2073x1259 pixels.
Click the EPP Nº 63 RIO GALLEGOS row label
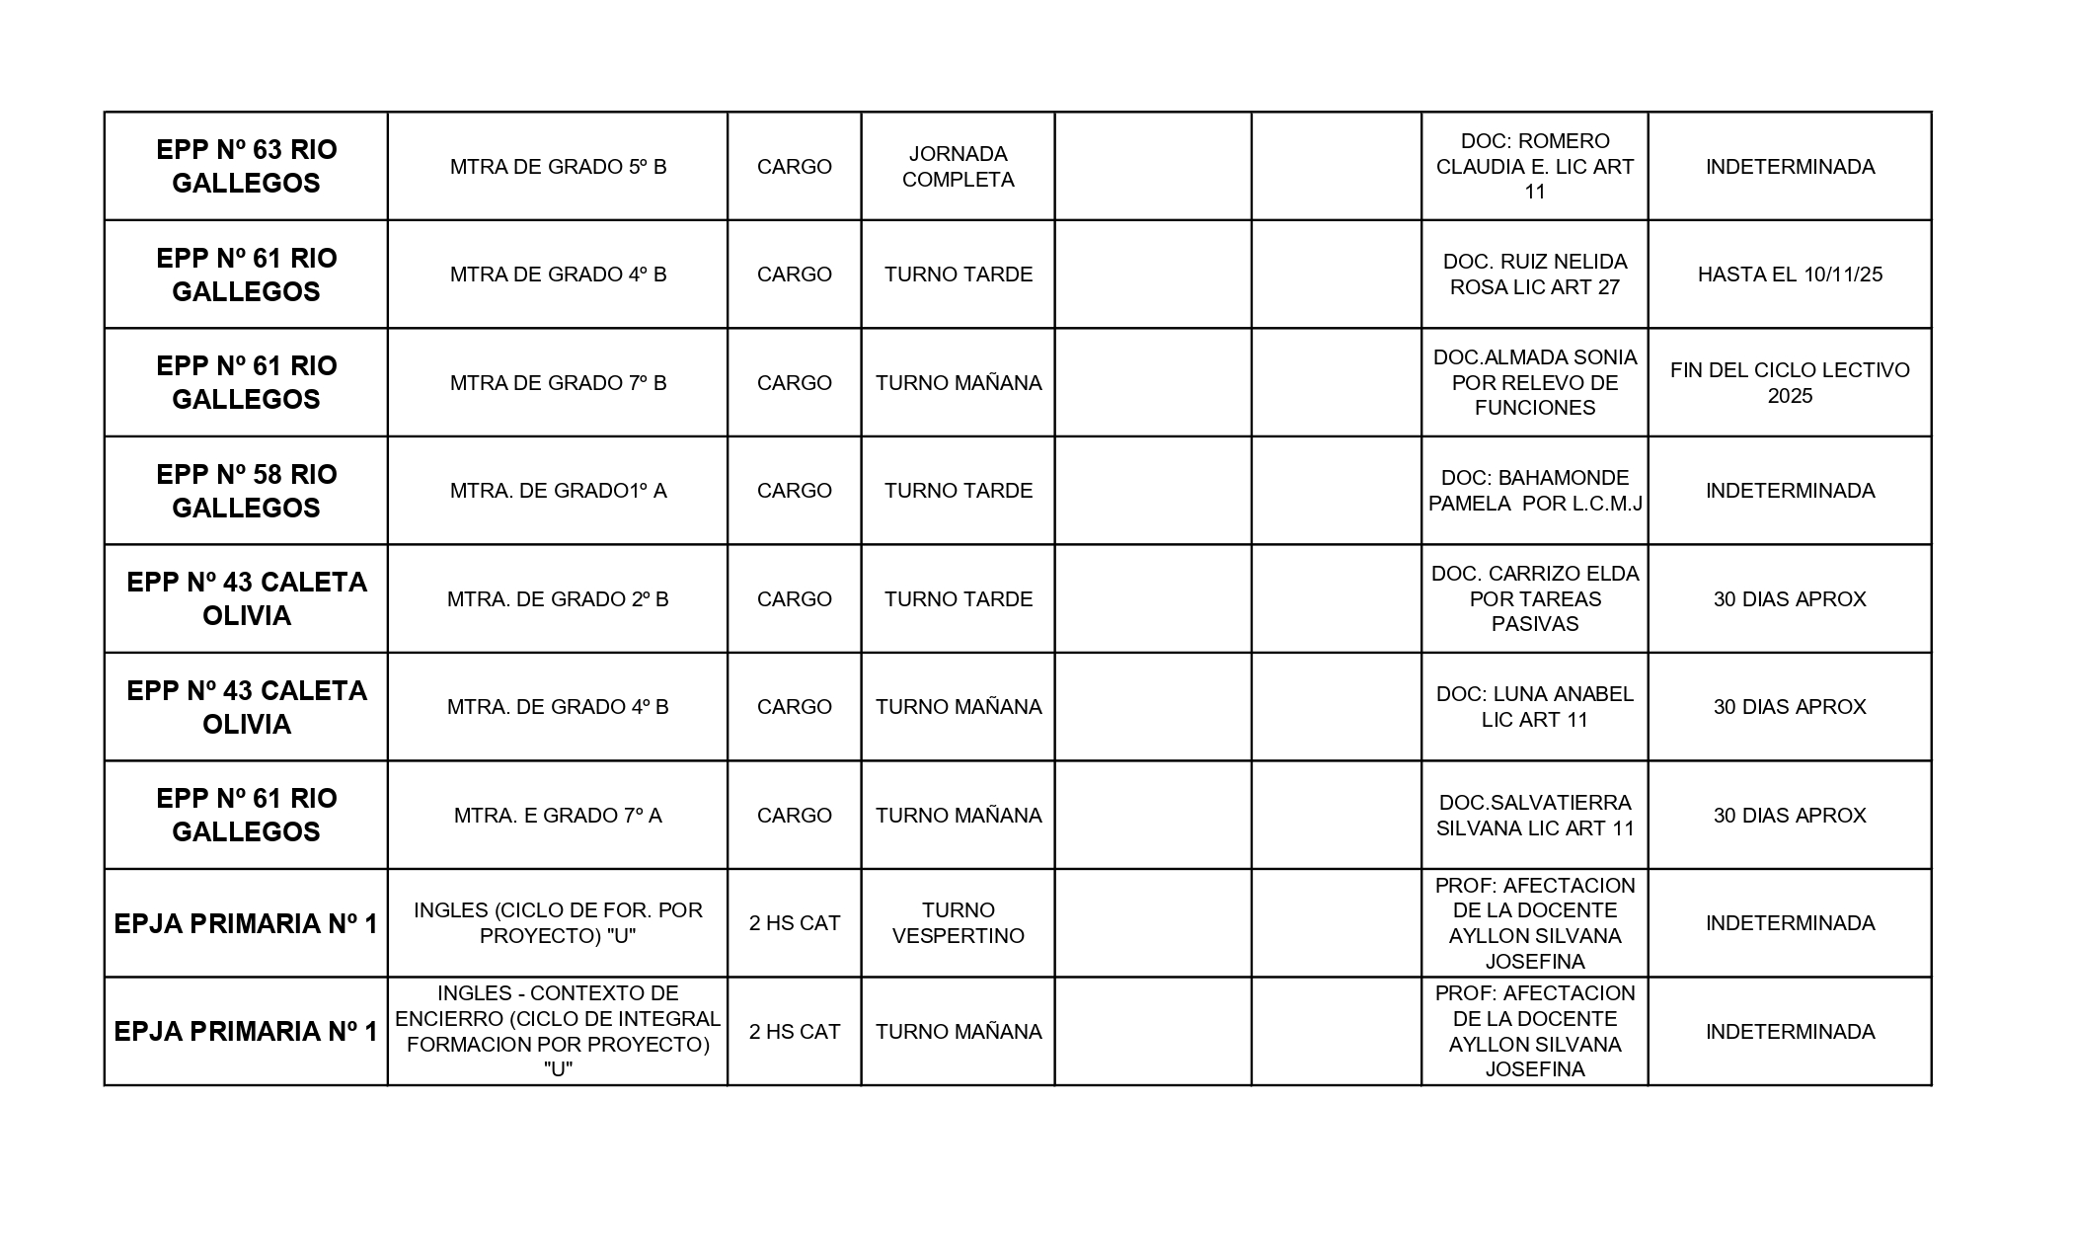point(246,166)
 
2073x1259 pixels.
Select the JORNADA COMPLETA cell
point(958,166)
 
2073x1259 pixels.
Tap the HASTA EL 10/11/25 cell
point(1789,275)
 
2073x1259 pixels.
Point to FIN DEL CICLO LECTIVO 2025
point(1789,382)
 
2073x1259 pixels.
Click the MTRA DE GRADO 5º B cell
point(558,167)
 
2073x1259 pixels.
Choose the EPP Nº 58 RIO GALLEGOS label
point(246,491)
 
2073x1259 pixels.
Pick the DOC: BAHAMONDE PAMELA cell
point(1534,491)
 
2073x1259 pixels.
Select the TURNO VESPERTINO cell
point(958,923)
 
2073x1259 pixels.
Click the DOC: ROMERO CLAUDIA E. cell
point(1534,166)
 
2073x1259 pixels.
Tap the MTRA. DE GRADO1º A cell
point(558,491)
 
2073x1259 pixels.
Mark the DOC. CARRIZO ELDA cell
point(1534,598)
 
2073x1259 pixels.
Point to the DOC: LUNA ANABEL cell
point(1534,707)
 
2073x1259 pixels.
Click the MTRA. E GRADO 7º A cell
point(558,816)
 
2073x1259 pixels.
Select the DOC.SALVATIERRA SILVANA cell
point(1534,816)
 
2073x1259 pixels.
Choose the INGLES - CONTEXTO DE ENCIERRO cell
point(558,1031)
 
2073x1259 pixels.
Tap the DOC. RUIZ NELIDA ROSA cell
point(1534,275)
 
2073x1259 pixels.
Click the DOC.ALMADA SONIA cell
point(1534,382)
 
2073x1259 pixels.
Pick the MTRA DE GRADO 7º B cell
point(558,383)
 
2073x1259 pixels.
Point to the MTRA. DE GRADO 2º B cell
point(558,599)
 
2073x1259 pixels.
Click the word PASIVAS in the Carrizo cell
point(1534,624)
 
